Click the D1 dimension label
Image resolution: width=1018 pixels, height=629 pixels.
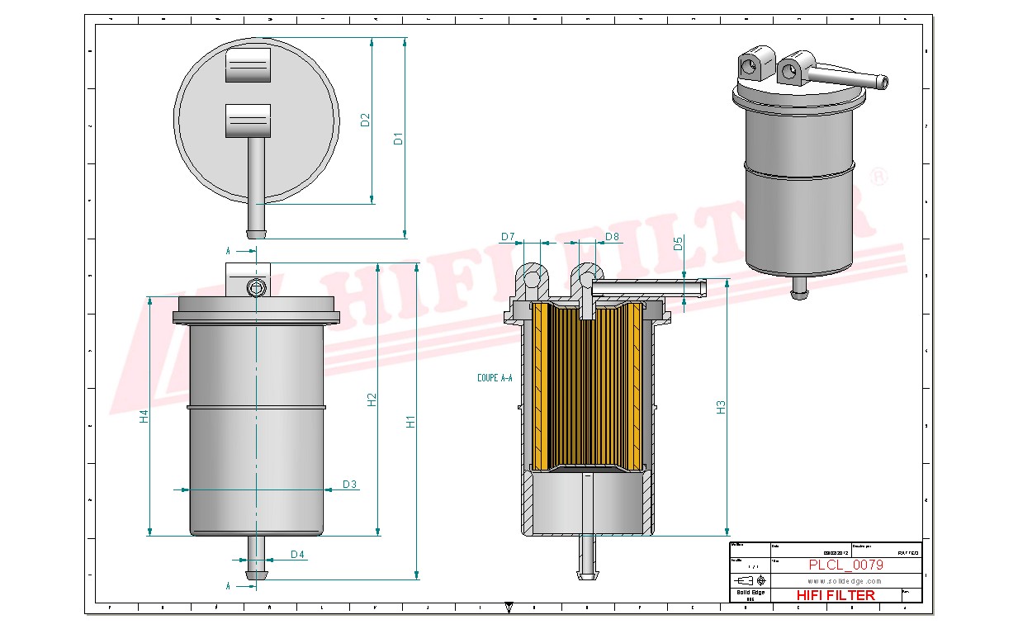[398, 138]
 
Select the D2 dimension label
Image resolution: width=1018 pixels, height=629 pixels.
[366, 120]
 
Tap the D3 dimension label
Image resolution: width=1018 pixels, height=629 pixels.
[349, 485]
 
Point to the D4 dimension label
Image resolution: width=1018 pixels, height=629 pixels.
[297, 555]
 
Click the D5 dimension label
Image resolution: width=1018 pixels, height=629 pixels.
[678, 244]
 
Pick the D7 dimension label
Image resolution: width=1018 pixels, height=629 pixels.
[508, 238]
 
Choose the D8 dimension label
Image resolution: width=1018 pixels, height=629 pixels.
[612, 238]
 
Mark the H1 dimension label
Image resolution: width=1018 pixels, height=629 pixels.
[410, 421]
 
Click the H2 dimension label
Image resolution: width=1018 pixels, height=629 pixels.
[372, 399]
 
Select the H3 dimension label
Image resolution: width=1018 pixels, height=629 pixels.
[721, 406]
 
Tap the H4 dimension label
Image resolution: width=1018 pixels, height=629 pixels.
[144, 417]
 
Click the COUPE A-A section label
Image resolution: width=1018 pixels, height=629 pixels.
[495, 378]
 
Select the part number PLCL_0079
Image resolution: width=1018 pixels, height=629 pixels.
[845, 565]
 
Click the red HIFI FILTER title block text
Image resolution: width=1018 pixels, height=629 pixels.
[835, 595]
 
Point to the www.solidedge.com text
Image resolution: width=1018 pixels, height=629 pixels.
[834, 581]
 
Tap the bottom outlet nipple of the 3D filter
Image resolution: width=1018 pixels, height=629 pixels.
[798, 288]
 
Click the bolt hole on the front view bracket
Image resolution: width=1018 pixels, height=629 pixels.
[256, 286]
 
